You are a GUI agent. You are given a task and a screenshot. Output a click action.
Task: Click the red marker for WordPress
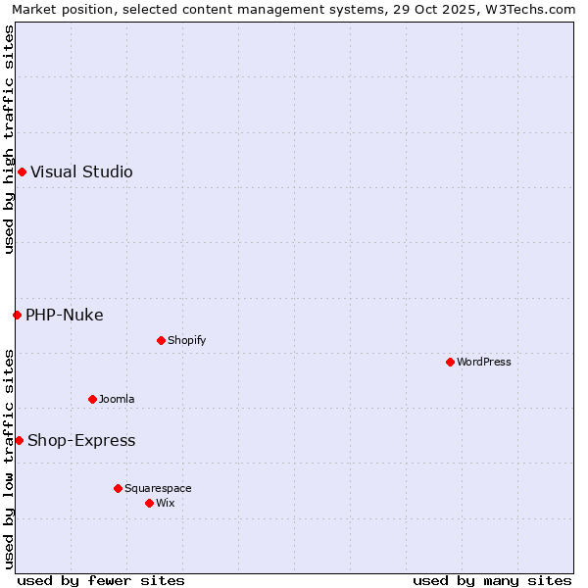450,362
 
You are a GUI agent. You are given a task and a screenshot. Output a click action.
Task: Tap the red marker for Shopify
161,340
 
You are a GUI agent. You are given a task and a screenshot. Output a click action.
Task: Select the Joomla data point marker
92,399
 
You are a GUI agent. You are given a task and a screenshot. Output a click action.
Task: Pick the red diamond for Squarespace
118,488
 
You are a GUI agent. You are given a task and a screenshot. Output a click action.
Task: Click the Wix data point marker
149,503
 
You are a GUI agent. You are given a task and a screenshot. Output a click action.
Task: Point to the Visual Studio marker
22,172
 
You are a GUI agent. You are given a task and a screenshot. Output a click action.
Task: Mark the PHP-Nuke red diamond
17,315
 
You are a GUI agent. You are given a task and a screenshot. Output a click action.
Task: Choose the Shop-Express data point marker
19,440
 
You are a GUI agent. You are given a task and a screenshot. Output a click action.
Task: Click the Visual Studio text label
81,172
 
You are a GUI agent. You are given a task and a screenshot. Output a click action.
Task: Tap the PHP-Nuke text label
64,315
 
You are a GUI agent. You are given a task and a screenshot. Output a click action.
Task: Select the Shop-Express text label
81,441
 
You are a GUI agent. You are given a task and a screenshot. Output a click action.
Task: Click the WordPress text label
484,362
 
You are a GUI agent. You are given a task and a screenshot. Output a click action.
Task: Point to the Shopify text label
186,340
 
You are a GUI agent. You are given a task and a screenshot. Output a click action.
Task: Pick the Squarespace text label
158,488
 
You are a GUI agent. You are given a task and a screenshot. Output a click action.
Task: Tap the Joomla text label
117,399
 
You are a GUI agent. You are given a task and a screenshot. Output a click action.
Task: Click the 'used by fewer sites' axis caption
101,580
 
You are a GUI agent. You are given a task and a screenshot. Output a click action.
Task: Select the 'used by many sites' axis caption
492,580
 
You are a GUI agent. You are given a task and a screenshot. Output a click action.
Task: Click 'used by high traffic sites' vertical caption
9,139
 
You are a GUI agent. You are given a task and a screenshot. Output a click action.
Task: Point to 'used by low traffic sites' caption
9,459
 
